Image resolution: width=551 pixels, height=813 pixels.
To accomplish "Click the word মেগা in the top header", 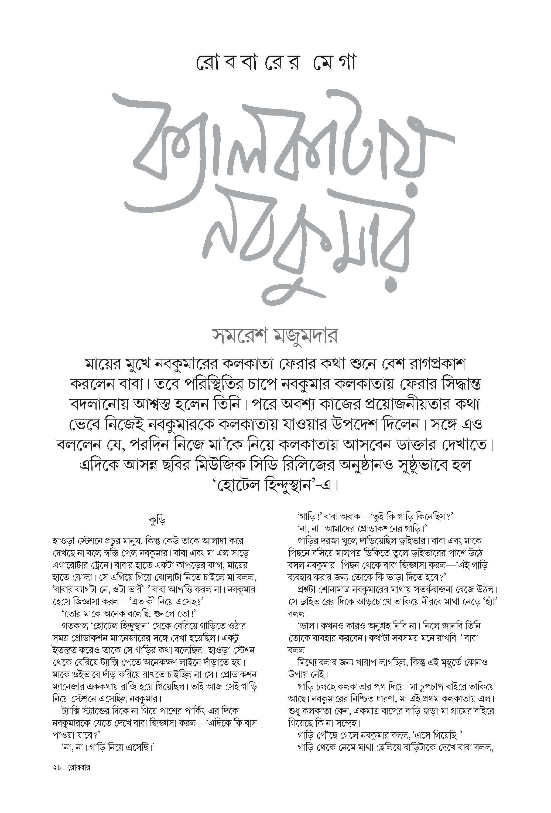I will coord(334,63).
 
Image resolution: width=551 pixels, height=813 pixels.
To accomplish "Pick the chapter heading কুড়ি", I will coord(157,520).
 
